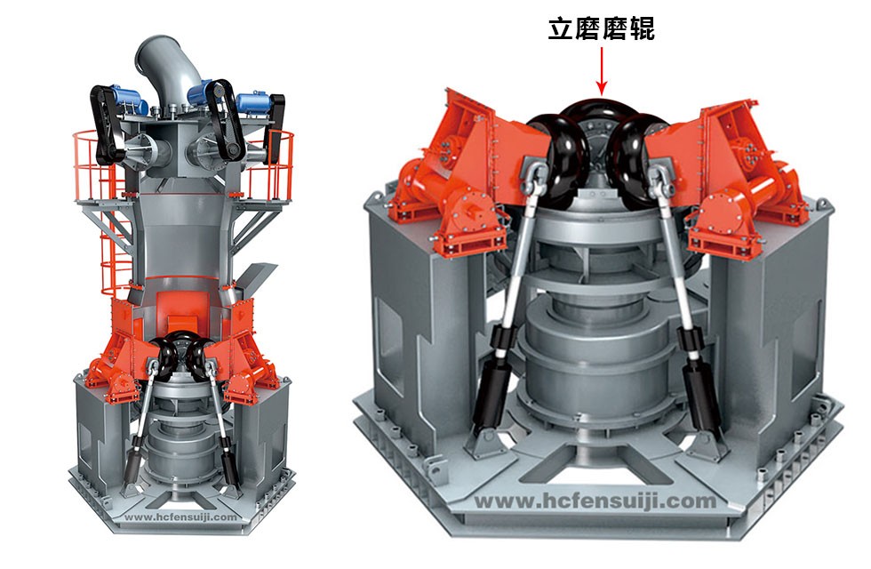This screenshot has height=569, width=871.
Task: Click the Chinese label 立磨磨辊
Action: click(602, 28)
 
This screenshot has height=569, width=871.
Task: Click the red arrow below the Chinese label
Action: click(602, 70)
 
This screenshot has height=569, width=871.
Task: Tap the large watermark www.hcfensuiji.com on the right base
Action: click(595, 501)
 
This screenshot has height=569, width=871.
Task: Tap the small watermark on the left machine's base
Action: click(181, 517)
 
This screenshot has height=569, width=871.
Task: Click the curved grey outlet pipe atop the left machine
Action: click(168, 66)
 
